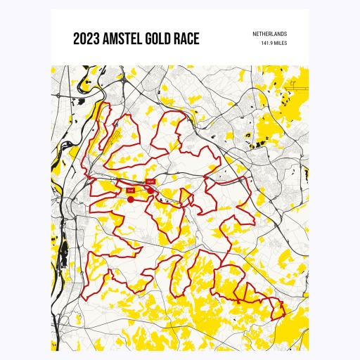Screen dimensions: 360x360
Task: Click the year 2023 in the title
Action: (x=86, y=39)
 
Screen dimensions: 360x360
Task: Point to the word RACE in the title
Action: (x=187, y=39)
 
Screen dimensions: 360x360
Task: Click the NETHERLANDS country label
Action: (x=271, y=34)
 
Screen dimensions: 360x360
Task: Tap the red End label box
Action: (x=130, y=190)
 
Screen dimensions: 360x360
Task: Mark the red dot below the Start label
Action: (x=150, y=190)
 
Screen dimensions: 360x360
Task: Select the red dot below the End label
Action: (x=131, y=199)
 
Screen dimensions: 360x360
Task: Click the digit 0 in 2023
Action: (x=82, y=39)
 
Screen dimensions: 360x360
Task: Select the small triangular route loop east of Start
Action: (x=169, y=194)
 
